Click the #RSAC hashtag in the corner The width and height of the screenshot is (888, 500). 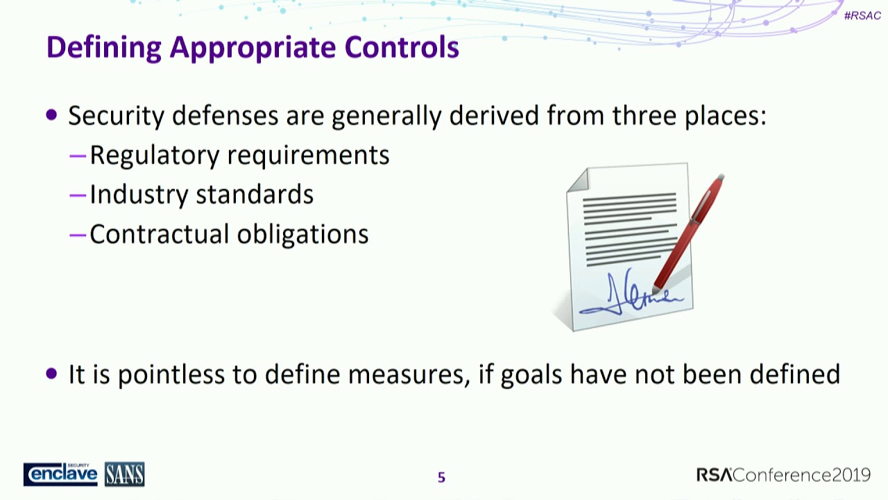coord(862,15)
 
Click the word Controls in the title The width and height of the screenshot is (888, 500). coord(402,47)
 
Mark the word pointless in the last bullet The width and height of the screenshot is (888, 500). coord(171,375)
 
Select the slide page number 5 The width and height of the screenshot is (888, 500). coord(441,477)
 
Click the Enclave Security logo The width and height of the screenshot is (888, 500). coord(60,474)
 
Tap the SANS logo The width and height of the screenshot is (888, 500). coord(125,474)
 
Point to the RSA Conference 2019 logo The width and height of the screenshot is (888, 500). coord(783,475)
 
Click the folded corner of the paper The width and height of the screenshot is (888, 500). coord(578,178)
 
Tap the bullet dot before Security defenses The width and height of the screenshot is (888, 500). coord(52,115)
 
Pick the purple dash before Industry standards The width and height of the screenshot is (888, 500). coord(78,195)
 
